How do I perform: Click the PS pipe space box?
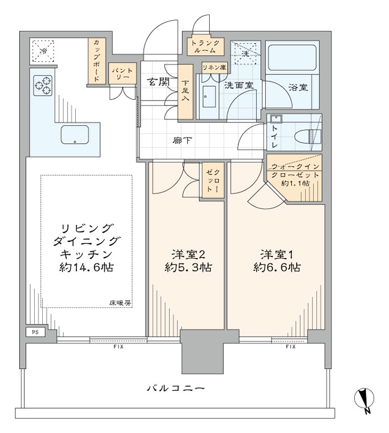35,332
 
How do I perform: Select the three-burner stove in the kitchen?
43,85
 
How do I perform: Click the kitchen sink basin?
75,135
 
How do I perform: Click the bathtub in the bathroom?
292,57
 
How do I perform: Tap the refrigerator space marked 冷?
43,51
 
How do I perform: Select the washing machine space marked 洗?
246,53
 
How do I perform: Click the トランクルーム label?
205,46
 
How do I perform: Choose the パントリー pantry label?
122,74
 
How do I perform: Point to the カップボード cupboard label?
97,61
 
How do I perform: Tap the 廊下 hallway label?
182,140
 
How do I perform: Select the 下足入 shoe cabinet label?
185,90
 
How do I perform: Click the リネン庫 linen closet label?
214,68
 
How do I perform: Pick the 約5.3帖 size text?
188,267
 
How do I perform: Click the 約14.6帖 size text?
86,267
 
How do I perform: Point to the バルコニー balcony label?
176,389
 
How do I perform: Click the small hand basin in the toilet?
276,119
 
